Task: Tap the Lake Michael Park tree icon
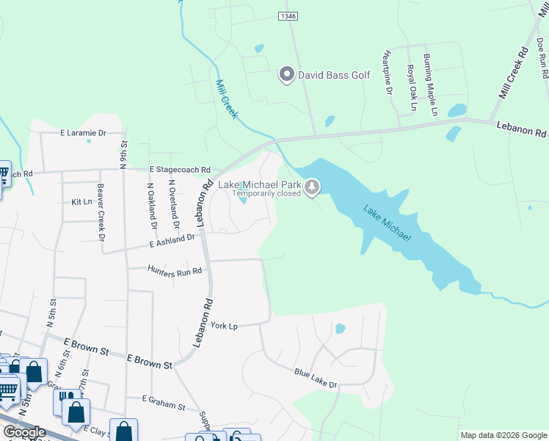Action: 313,187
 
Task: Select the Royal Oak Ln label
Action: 412,88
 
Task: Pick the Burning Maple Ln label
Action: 429,85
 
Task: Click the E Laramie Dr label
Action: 83,134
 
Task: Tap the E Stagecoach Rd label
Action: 180,168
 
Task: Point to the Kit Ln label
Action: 82,201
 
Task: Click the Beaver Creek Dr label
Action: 101,212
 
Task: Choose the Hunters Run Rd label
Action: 175,271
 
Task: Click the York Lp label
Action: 225,325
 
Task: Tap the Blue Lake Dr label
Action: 315,379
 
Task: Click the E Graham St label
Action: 164,404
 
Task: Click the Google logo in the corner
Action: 25,432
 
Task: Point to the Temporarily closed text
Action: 267,195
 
